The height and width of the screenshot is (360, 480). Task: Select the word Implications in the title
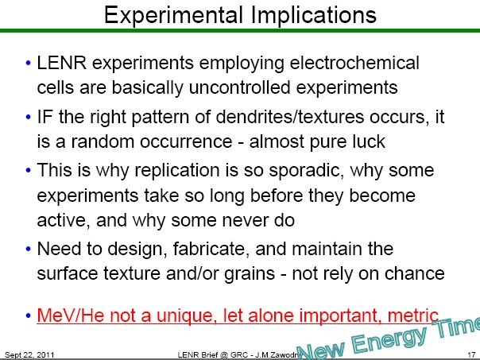pos(312,14)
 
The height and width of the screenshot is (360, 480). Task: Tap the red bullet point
pos(29,314)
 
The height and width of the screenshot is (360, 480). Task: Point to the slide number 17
pos(470,353)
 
